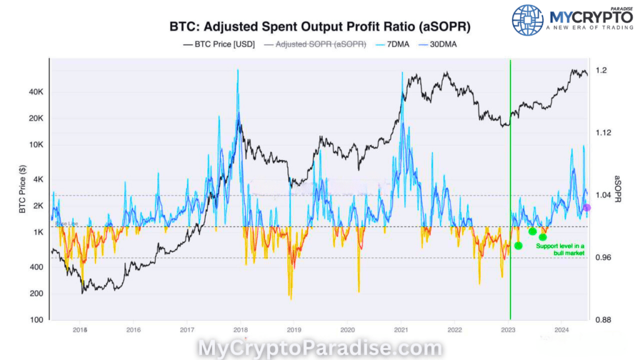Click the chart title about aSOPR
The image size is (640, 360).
[320, 28]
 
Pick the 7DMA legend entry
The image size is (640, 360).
[391, 44]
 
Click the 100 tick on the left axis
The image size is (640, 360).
[37, 320]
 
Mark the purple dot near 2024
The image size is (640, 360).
[587, 207]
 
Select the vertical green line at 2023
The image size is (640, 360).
[511, 187]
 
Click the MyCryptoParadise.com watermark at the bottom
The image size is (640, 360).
[320, 347]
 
